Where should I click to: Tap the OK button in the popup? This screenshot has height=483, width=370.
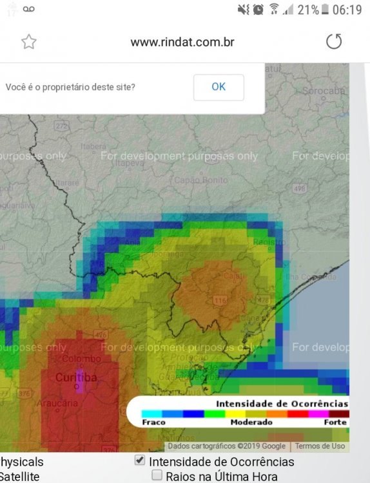[x=219, y=87]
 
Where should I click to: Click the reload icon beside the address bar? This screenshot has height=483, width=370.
[x=334, y=43]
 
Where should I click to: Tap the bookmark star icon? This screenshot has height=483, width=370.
[x=29, y=43]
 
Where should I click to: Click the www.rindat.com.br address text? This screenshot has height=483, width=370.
[x=182, y=43]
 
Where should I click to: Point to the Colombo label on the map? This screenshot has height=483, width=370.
[x=81, y=359]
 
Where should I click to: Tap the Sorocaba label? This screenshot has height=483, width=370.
[x=324, y=91]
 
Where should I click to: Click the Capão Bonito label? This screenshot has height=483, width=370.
[x=201, y=180]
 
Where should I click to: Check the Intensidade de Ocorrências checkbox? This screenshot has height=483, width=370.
[x=139, y=460]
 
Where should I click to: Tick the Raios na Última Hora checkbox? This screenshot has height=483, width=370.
[x=157, y=475]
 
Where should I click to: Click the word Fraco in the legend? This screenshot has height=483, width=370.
[x=153, y=422]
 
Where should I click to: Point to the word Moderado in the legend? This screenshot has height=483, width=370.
[x=251, y=422]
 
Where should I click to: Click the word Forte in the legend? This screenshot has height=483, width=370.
[x=336, y=422]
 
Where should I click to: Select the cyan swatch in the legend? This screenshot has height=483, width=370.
[x=151, y=413]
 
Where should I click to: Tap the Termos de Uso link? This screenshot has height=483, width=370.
[x=320, y=446]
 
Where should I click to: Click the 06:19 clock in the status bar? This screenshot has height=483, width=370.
[x=348, y=10]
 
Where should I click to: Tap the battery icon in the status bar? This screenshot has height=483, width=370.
[x=326, y=10]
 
